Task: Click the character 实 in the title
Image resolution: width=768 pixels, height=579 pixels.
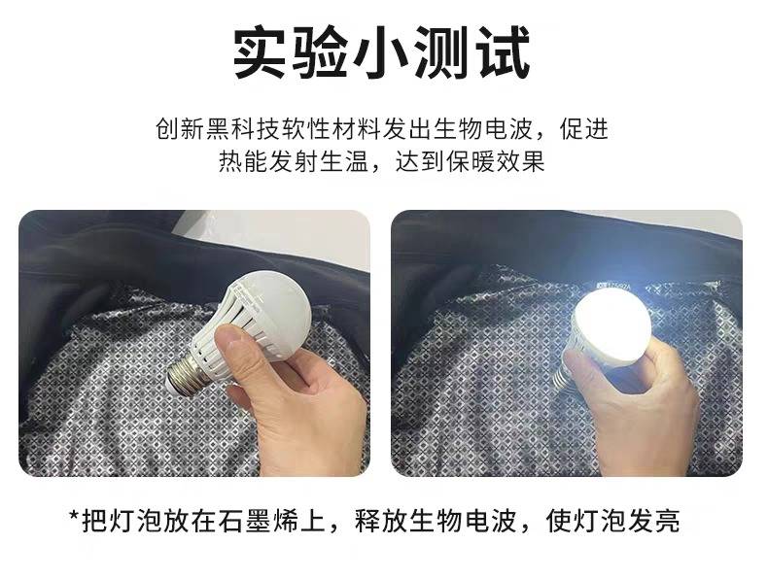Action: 260,52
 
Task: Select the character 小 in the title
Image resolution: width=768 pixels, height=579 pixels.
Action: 381,52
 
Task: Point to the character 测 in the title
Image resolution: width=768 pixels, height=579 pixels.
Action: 442,52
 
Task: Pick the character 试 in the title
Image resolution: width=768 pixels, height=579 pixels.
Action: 504,52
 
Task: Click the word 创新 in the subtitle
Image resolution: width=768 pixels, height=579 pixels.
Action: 180,129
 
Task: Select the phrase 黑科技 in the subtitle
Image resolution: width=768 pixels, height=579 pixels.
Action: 243,129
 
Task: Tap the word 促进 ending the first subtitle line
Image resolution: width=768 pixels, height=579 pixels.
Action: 584,129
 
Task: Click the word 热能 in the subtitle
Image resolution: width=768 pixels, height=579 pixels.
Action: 242,161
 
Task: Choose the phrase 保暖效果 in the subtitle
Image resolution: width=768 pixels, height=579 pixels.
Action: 495,161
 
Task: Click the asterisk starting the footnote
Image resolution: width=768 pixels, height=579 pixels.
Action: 75,516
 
